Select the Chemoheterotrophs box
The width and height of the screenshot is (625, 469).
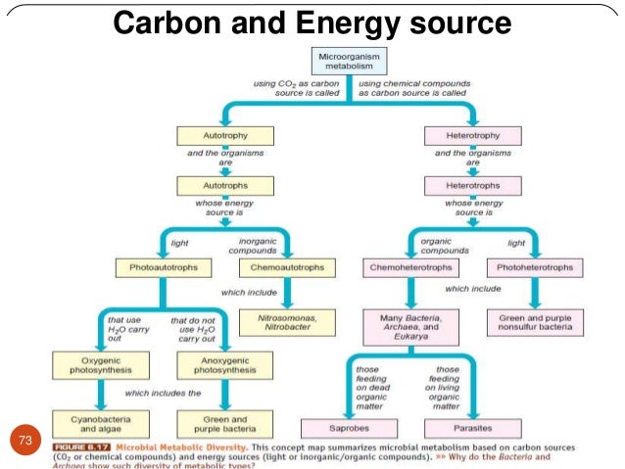410,266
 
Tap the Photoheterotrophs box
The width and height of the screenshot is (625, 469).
535,266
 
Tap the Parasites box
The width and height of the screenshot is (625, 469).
472,427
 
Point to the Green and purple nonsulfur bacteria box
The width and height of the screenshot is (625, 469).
535,320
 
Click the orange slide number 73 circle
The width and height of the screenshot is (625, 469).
26,441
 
